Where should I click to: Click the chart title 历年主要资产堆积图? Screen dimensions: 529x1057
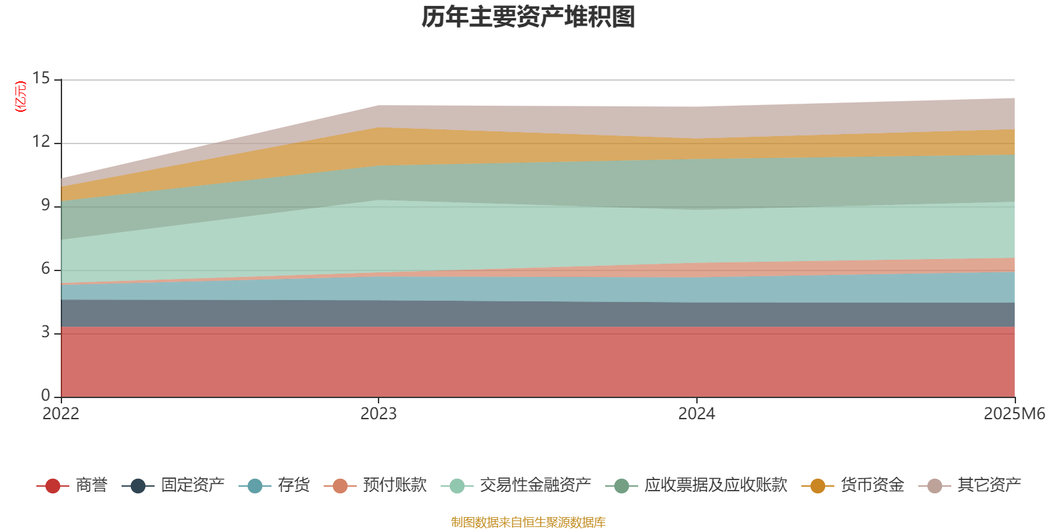(528, 17)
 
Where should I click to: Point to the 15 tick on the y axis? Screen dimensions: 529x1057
(41, 79)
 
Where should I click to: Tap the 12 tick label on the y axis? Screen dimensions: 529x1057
(41, 142)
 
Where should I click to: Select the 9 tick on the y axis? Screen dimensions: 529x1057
(45, 206)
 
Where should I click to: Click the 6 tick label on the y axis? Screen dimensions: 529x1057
(45, 269)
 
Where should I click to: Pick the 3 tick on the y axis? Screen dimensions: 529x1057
(45, 333)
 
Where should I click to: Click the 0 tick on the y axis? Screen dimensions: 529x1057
(45, 395)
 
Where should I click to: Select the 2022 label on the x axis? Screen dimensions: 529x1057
(61, 414)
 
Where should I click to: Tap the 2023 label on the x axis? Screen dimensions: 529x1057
(379, 414)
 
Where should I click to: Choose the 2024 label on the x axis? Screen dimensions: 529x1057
(696, 414)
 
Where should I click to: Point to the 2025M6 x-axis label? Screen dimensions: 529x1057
(1014, 414)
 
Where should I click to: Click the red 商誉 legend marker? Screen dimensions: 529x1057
(53, 486)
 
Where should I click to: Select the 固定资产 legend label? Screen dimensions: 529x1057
(192, 485)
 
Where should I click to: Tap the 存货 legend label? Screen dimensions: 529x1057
(293, 485)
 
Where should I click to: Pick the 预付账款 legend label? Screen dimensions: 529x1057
(394, 485)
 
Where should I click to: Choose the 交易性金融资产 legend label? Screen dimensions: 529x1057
(535, 485)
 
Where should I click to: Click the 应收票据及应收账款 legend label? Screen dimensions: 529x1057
(715, 485)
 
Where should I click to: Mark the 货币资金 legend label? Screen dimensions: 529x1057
(872, 485)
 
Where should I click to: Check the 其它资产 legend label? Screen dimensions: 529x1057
(989, 485)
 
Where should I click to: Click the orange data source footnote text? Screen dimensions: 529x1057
(528, 522)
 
